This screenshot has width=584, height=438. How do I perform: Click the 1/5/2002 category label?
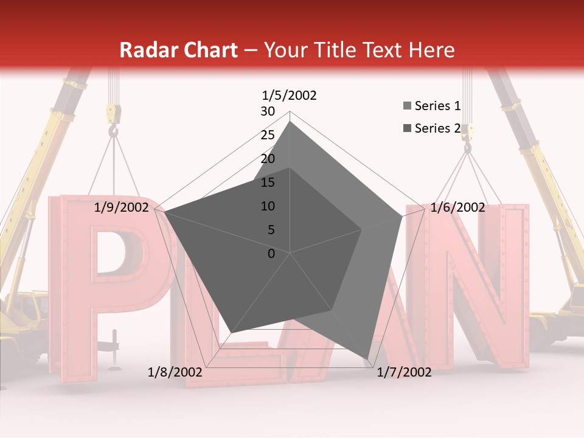pyautogui.click(x=289, y=95)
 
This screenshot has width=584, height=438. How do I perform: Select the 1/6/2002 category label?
pyautogui.click(x=457, y=207)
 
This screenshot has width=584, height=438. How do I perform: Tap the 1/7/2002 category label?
pyautogui.click(x=404, y=372)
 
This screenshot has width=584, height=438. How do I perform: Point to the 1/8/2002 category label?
pyautogui.click(x=175, y=372)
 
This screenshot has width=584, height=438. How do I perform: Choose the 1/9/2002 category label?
pyautogui.click(x=122, y=207)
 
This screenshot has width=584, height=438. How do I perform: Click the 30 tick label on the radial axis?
pyautogui.click(x=268, y=111)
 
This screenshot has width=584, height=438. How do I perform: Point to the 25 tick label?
pyautogui.click(x=268, y=135)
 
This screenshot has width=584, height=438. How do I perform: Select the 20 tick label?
pyautogui.click(x=268, y=159)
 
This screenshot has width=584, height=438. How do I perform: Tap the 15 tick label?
pyautogui.click(x=268, y=182)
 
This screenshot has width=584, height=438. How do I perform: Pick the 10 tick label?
pyautogui.click(x=268, y=206)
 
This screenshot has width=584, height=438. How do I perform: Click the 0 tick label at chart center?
pyautogui.click(x=271, y=254)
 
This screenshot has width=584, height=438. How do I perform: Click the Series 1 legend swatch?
pyautogui.click(x=407, y=106)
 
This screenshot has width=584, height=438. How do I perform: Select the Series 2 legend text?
pyautogui.click(x=437, y=128)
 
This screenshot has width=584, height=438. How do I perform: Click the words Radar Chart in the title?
pyautogui.click(x=178, y=50)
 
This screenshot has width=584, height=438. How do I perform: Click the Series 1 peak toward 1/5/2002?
pyautogui.click(x=290, y=122)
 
